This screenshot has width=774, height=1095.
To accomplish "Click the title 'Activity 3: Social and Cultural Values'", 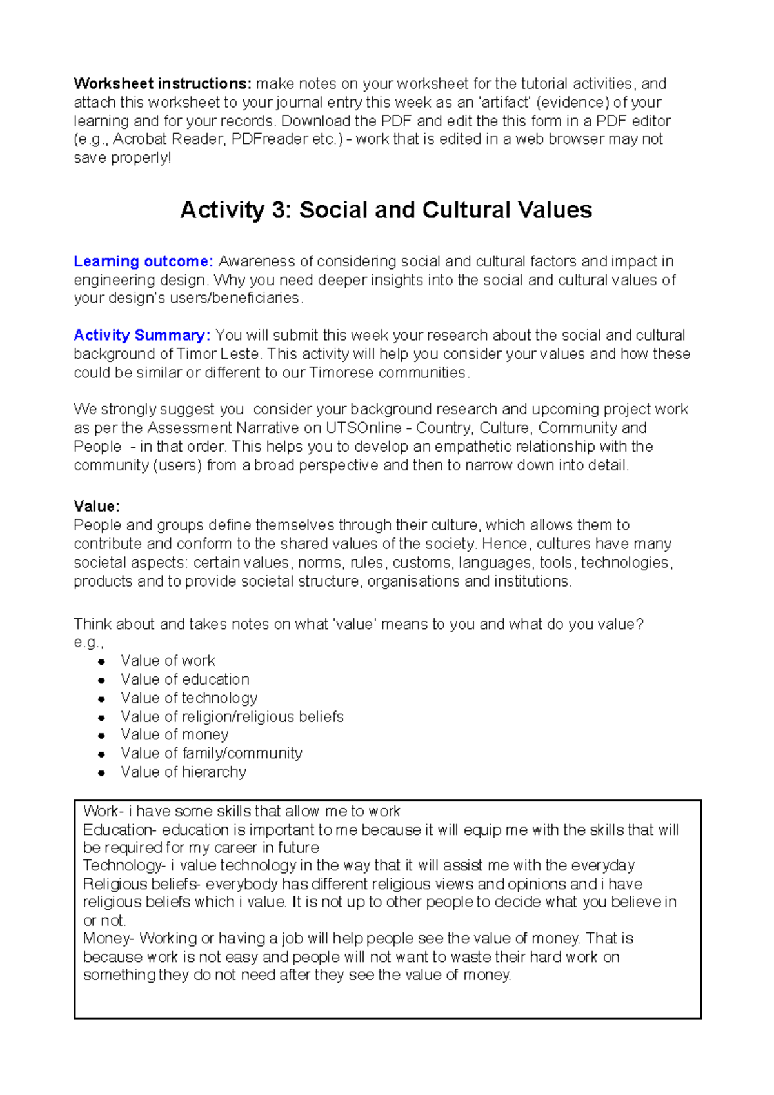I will [386, 210].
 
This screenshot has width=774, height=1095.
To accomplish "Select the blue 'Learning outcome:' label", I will [143, 261].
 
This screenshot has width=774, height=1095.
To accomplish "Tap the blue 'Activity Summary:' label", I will [142, 336].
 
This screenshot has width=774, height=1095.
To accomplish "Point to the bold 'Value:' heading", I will [97, 506].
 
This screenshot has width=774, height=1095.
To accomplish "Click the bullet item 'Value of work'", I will [168, 661].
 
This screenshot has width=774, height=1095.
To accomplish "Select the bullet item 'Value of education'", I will [184, 679].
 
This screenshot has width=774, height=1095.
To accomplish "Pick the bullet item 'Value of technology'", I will [189, 698].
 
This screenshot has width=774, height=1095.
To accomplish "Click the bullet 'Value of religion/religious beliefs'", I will [232, 717].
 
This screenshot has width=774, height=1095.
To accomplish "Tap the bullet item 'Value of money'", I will [174, 735].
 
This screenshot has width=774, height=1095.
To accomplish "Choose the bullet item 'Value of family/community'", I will [211, 754].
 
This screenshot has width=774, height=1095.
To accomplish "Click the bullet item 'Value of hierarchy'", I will [183, 772].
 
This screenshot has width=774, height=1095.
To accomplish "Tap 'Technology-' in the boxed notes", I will [124, 865].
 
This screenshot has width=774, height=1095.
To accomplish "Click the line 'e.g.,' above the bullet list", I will [88, 643].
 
